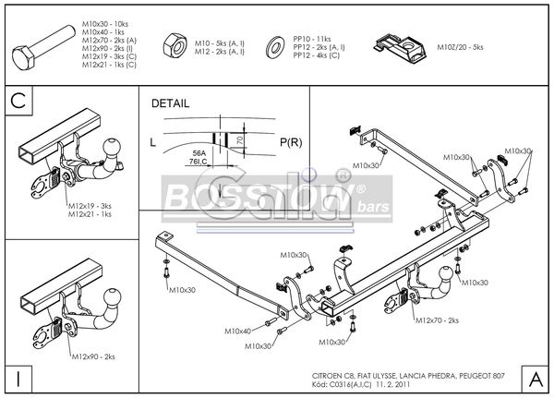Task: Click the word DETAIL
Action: click(169, 104)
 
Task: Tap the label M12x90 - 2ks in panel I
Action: click(92, 356)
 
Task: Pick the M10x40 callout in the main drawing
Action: click(237, 330)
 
